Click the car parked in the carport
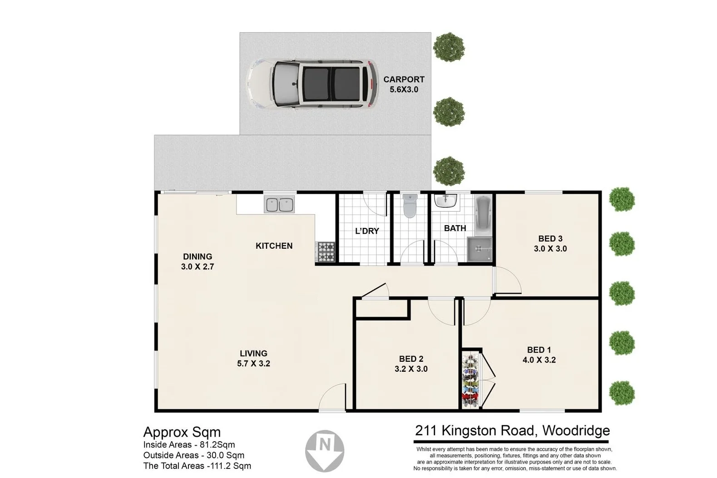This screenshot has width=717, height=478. (312, 84)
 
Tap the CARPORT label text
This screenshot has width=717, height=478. (404, 79)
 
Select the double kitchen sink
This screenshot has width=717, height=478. (279, 204)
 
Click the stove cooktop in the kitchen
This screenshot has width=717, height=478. (325, 252)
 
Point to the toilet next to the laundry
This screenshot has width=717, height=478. (410, 206)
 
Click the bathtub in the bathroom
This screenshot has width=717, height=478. (484, 214)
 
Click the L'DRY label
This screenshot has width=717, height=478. (367, 231)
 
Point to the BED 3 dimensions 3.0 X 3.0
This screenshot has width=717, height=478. (550, 249)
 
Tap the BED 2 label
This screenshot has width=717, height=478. (411, 359)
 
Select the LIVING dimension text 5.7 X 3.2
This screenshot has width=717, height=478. (253, 364)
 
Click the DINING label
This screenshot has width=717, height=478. (198, 256)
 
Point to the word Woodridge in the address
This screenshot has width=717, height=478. (576, 430)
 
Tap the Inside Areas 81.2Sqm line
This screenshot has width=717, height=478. (189, 445)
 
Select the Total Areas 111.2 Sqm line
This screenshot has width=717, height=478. (197, 466)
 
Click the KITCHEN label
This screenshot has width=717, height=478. (274, 246)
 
